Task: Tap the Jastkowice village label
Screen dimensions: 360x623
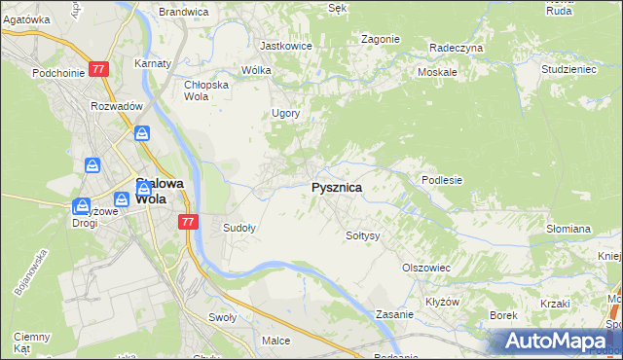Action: [285, 46]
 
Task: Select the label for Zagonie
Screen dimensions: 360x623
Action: [380, 39]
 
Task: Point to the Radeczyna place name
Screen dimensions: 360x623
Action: [456, 47]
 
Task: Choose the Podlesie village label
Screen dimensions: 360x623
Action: [441, 180]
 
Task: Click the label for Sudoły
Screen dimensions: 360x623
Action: [239, 229]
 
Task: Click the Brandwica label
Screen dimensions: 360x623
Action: [183, 12]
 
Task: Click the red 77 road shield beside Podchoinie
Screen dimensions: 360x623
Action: [98, 70]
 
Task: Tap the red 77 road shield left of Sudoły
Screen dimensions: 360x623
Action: [189, 222]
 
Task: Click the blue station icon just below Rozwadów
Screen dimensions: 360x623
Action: [142, 133]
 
